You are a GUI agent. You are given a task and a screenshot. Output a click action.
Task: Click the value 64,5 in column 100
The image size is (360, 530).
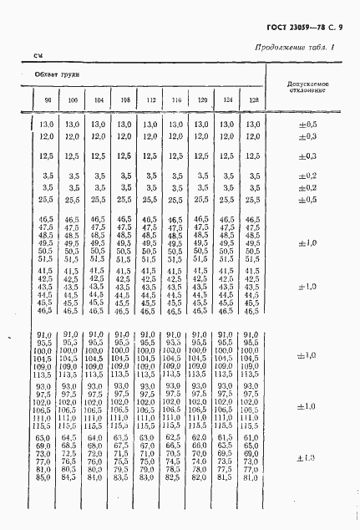point(73,437)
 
